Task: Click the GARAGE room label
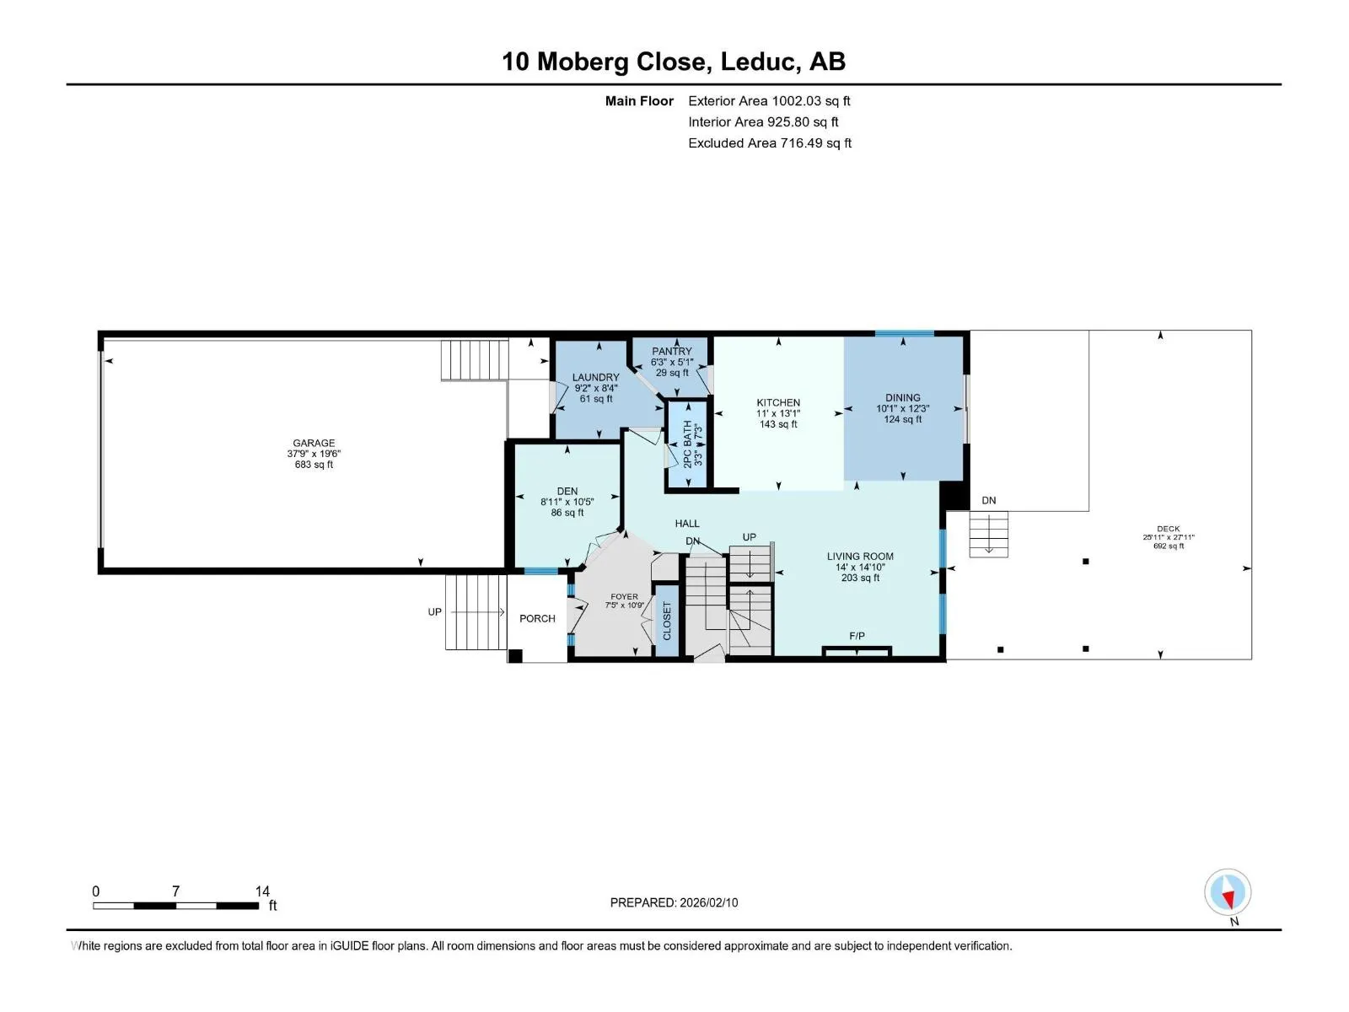pos(314,443)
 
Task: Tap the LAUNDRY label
pos(595,377)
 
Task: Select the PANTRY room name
pos(672,351)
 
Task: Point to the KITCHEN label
pos(778,402)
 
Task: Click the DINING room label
pos(903,397)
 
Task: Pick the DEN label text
pos(567,491)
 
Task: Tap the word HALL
pos(687,524)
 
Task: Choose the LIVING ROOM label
pos(860,556)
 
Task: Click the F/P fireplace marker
pos(857,636)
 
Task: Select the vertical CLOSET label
pos(667,621)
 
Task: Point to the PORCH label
pos(537,619)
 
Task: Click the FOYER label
pos(624,596)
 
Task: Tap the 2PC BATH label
pos(687,444)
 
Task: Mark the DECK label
pos(1169,529)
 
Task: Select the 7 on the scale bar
pos(175,891)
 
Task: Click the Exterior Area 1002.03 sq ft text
pos(769,100)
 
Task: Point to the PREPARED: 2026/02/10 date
pos(674,902)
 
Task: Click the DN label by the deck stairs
pos(988,500)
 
